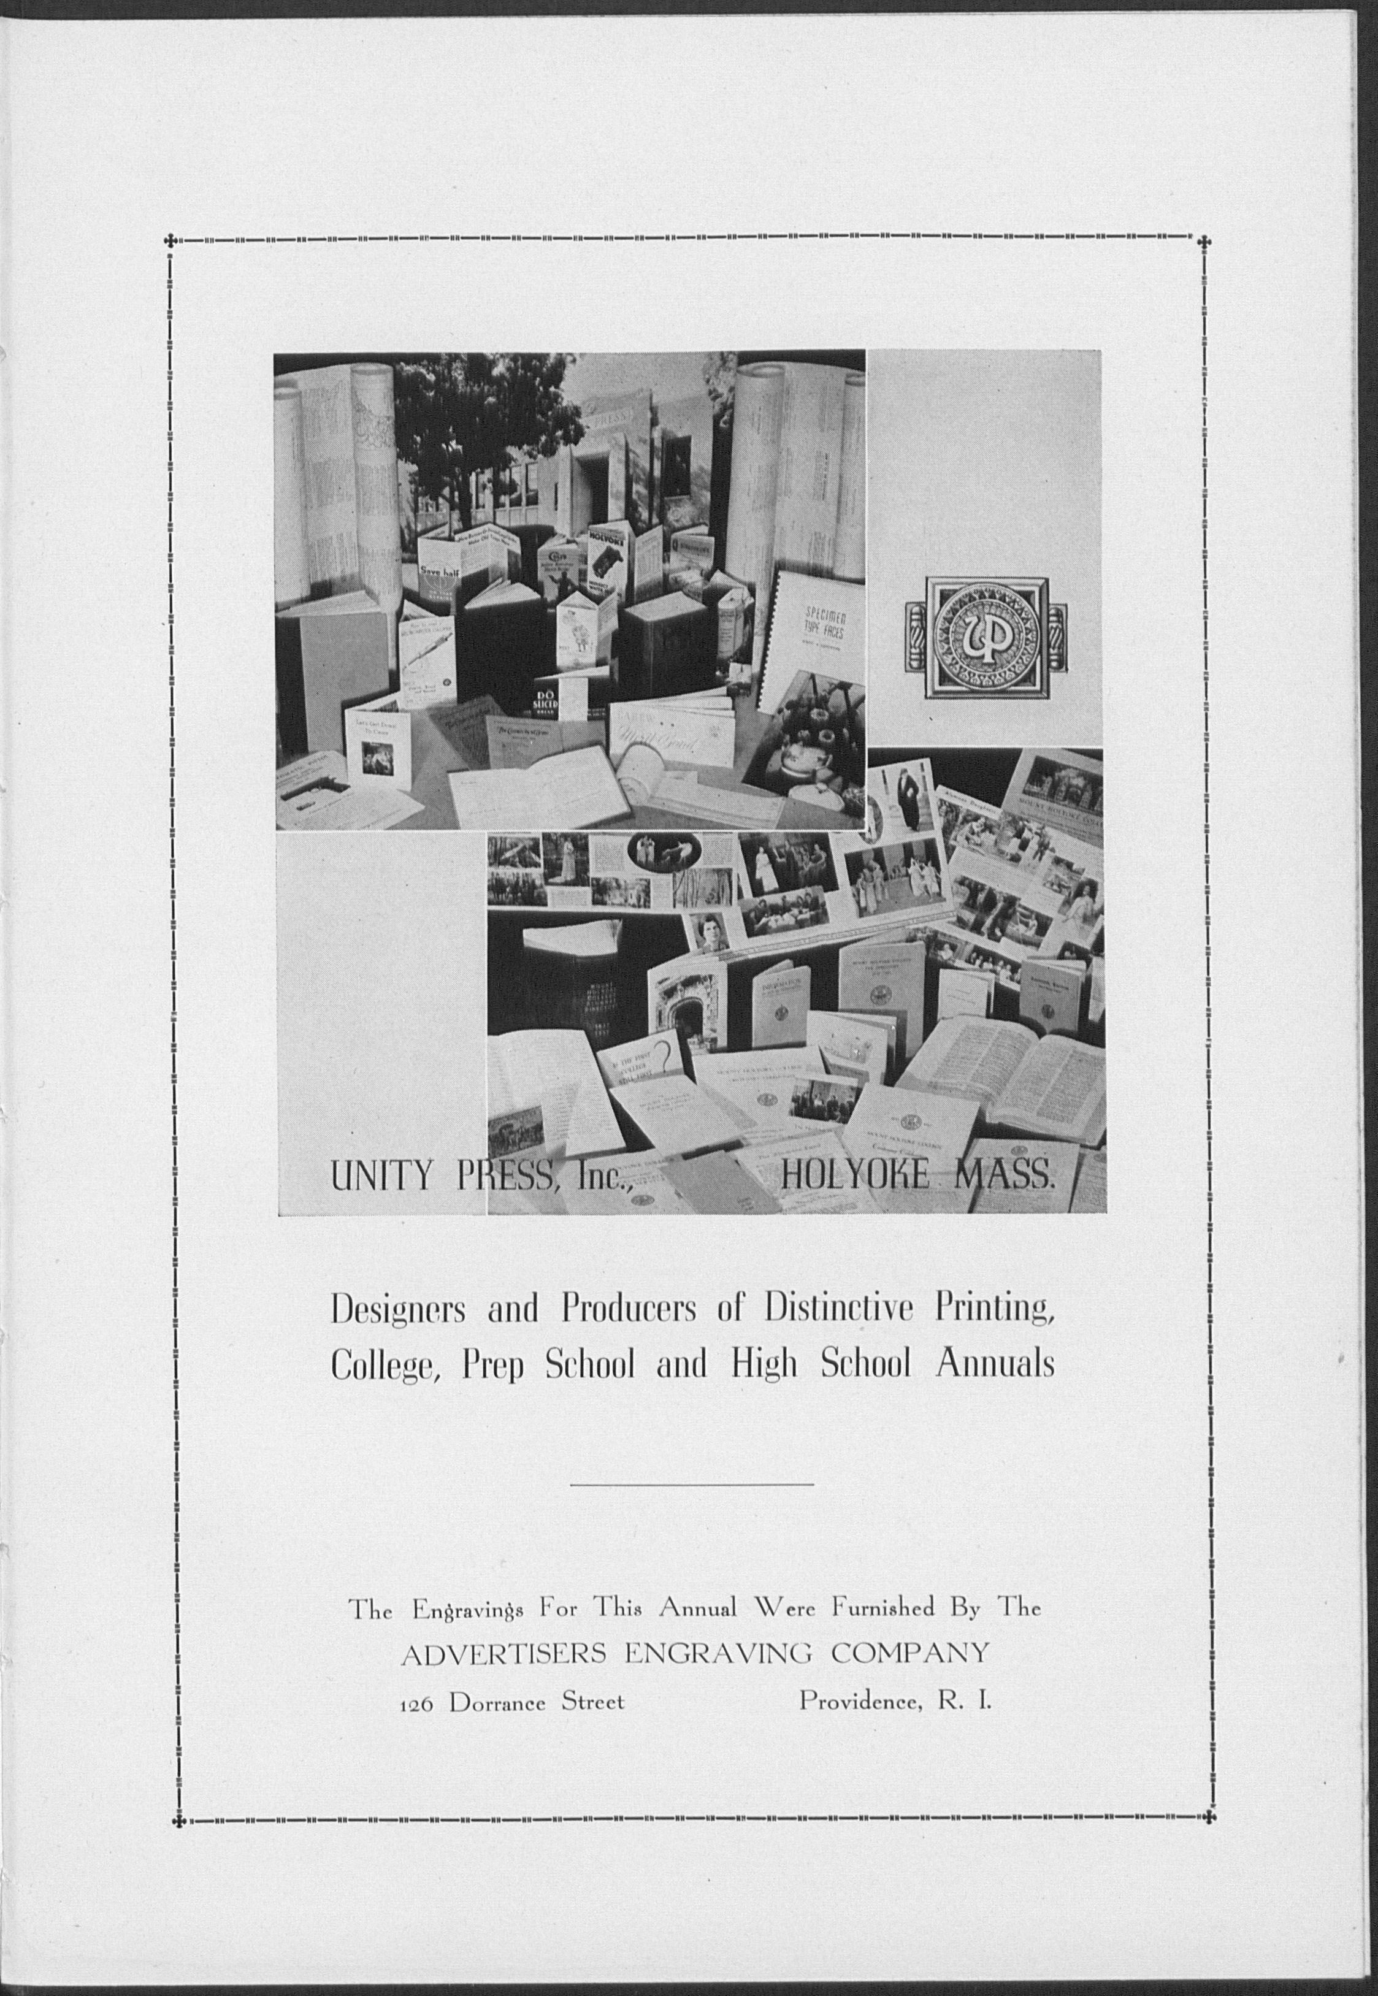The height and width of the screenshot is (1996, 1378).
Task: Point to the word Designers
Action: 399,1310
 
